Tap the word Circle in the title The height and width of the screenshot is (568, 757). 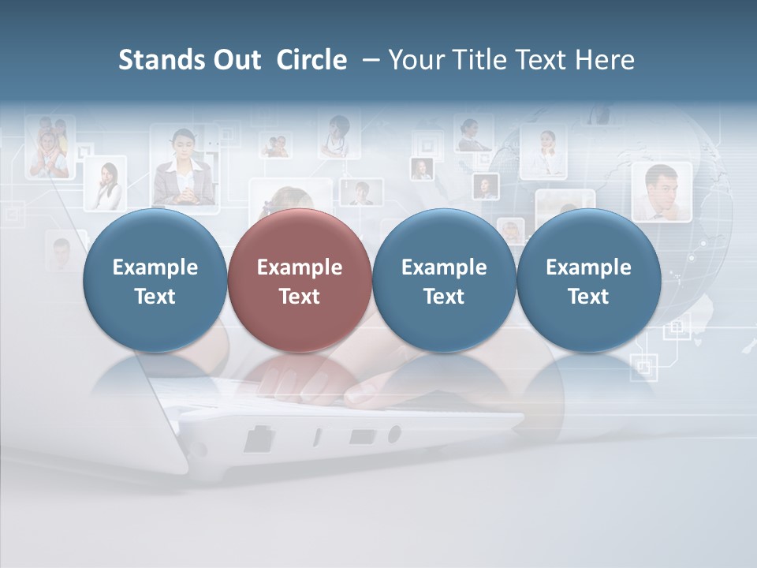(311, 60)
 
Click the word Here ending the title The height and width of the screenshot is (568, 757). (606, 60)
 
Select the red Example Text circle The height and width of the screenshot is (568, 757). (299, 280)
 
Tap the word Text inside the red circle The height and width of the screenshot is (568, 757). (299, 297)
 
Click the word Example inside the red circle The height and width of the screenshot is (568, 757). (299, 267)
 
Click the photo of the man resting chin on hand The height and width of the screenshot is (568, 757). (661, 192)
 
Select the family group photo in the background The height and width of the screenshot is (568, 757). (50, 148)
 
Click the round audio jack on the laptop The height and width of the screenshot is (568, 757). (393, 434)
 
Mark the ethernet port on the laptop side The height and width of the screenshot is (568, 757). (258, 439)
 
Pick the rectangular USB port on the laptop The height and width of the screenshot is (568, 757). (361, 435)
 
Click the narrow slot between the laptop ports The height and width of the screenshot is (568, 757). (318, 437)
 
